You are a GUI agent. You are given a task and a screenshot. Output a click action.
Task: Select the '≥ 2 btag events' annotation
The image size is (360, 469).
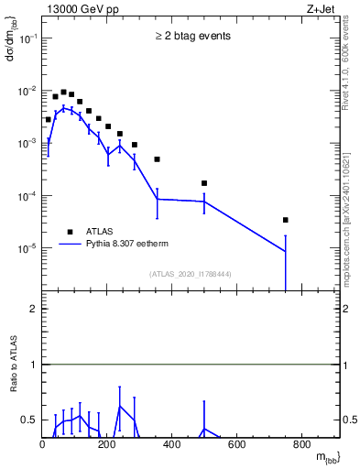pyautogui.click(x=192, y=36)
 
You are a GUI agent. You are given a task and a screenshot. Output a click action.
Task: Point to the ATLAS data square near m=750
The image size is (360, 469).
pyautogui.click(x=286, y=220)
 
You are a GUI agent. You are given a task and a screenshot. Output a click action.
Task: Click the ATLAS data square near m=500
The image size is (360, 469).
pyautogui.click(x=204, y=183)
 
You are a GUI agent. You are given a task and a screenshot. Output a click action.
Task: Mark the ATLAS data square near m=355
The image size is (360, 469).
pyautogui.click(x=158, y=159)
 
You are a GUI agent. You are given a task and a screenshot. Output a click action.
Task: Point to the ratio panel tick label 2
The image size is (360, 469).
pyautogui.click(x=33, y=310)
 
